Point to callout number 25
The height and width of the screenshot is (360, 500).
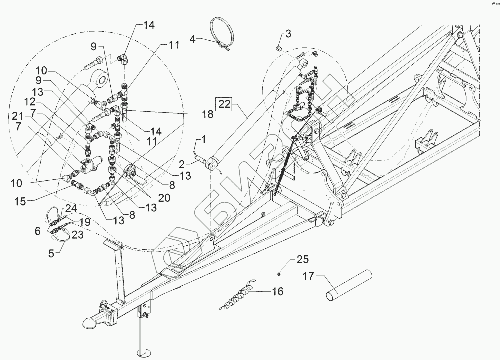click(303, 259)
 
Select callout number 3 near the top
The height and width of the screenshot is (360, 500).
click(288, 34)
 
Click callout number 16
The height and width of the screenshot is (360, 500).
click(277, 291)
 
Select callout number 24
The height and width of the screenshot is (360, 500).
click(70, 208)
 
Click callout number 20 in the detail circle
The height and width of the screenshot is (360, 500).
click(164, 198)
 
